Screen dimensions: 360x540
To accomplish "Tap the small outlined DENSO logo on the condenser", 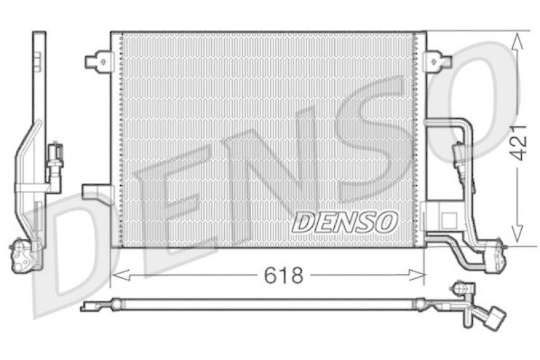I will click(x=345, y=222).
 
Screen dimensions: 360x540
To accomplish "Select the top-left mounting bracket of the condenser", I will click(x=99, y=61).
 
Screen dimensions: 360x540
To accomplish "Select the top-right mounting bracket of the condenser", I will click(x=439, y=61).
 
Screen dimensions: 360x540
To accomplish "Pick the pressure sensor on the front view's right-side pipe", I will click(x=461, y=159).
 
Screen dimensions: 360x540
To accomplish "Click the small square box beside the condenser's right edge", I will click(x=446, y=219).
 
